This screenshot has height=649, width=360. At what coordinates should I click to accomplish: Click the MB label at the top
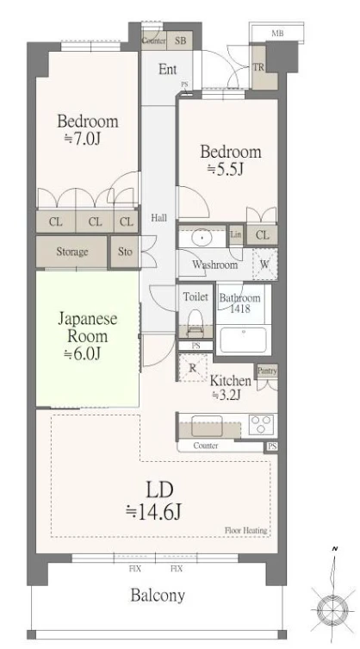pyautogui.click(x=277, y=33)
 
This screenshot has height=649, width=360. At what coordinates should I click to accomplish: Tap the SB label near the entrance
pyautogui.click(x=181, y=41)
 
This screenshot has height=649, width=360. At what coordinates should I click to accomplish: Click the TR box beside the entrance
pyautogui.click(x=258, y=67)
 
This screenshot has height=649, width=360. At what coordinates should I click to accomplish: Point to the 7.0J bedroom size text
pyautogui.click(x=89, y=139)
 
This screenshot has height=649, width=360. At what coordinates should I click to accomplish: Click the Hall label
pyautogui.click(x=158, y=218)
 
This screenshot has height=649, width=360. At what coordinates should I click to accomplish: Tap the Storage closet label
pyautogui.click(x=72, y=252)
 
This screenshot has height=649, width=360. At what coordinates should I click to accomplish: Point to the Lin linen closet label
pyautogui.click(x=236, y=234)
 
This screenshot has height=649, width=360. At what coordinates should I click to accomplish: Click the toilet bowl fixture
pyautogui.click(x=195, y=325)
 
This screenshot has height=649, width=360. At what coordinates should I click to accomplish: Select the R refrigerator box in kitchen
pyautogui.click(x=192, y=368)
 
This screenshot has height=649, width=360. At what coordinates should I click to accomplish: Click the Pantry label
pyautogui.click(x=267, y=371)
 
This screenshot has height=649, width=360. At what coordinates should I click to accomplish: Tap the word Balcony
pyautogui.click(x=158, y=595)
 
